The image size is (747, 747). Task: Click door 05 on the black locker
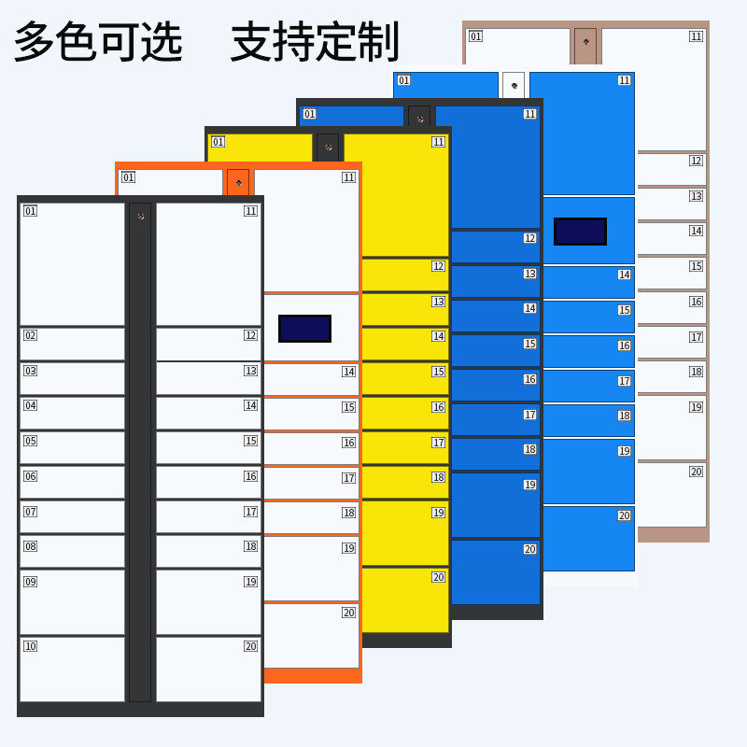tap(72, 446)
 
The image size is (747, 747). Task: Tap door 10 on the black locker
tap(72, 669)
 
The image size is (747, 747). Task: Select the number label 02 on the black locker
tap(30, 335)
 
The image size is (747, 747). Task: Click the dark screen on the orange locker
tap(304, 328)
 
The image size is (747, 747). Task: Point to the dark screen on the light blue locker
tap(580, 231)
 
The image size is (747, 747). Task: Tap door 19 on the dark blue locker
tap(495, 505)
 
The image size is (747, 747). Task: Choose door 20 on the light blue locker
tap(588, 538)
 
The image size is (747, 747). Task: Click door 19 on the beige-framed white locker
tap(671, 428)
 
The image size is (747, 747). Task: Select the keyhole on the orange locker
tap(239, 182)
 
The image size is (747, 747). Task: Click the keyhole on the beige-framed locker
tap(585, 41)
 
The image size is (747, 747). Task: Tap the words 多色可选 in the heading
tap(98, 42)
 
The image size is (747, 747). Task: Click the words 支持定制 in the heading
tap(315, 42)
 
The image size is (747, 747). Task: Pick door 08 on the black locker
tap(72, 551)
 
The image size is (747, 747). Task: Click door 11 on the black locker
tap(208, 263)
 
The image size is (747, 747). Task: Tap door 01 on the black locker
tap(72, 263)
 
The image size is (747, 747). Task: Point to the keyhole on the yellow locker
tap(328, 147)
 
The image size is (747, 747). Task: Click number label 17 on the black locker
tap(250, 512)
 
